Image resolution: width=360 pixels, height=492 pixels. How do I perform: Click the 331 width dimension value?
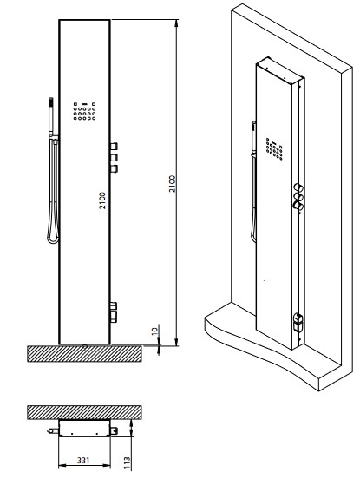pos(83,460)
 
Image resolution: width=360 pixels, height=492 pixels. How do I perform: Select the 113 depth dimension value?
pos(127,463)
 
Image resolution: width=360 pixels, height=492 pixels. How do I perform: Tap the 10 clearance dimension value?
pos(155,331)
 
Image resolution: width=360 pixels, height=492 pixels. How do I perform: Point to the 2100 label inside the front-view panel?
pos(102,200)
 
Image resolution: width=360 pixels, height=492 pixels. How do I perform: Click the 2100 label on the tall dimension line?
pos(173,184)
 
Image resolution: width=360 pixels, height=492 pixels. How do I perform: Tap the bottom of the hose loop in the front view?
pos(53,240)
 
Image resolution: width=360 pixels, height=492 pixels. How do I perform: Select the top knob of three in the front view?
pos(114,147)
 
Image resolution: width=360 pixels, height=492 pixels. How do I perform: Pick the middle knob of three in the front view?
pos(114,157)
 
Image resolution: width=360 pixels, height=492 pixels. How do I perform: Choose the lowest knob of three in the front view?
pos(114,168)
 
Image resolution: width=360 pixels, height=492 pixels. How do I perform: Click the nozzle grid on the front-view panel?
pos(84,111)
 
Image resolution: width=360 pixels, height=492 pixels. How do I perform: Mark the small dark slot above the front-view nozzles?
pos(84,103)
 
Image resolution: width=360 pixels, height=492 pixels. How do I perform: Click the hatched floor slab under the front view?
pos(84,353)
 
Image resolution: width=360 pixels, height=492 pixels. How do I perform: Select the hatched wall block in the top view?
pos(84,412)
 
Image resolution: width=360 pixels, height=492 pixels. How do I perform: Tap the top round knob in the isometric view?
pos(298,188)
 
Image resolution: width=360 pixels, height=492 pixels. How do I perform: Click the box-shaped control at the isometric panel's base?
pos(298,322)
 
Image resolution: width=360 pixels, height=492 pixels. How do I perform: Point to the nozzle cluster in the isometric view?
pos(274,149)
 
